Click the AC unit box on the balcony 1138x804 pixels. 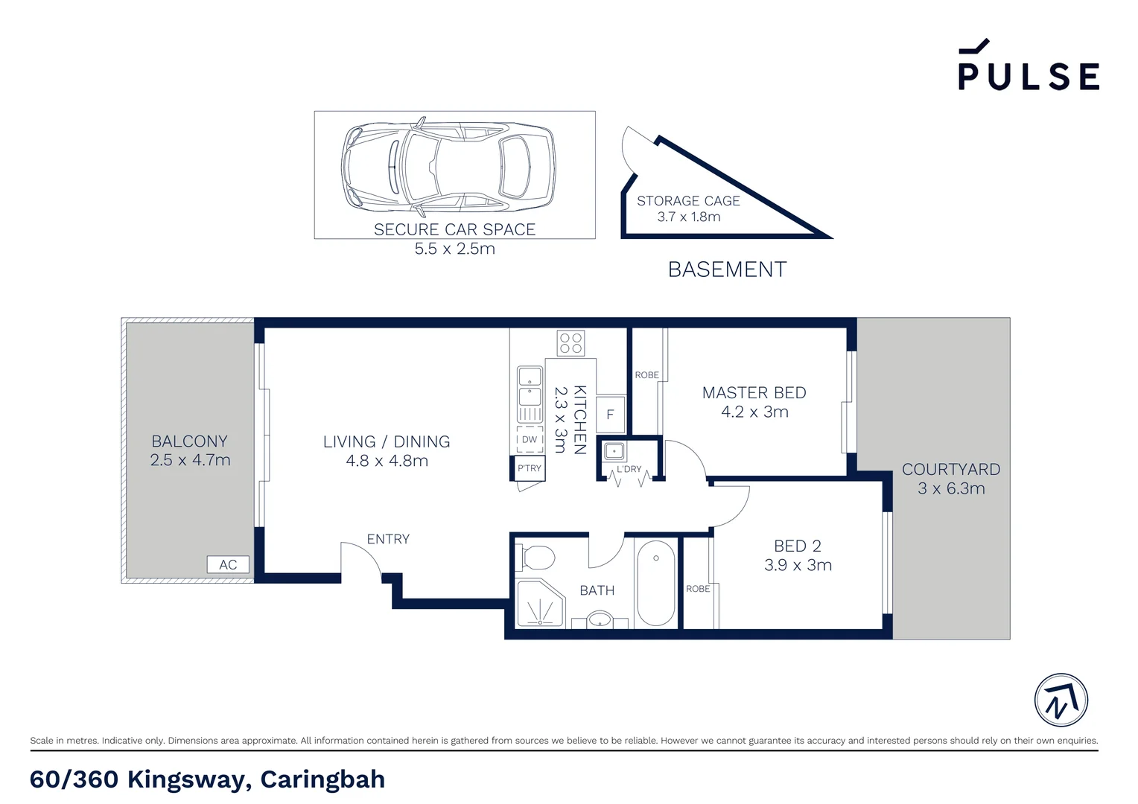[228, 565]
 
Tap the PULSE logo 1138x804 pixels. [1028, 67]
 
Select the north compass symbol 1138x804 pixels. [1061, 701]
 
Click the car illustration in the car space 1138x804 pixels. [448, 165]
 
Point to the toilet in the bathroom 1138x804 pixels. [538, 558]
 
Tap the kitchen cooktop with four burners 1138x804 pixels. [571, 343]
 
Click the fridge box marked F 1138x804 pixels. [610, 415]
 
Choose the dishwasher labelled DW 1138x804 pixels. [530, 439]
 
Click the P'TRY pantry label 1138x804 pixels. [530, 468]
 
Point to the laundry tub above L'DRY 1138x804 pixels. [614, 451]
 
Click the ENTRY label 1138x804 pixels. [388, 539]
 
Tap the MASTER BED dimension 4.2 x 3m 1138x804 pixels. [754, 412]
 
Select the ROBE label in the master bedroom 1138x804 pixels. [646, 375]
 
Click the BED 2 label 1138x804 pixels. [798, 546]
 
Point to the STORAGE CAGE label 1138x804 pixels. [688, 201]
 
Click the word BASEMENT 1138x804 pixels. [727, 269]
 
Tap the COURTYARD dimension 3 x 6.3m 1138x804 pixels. [951, 489]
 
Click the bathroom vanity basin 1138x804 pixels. [600, 619]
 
